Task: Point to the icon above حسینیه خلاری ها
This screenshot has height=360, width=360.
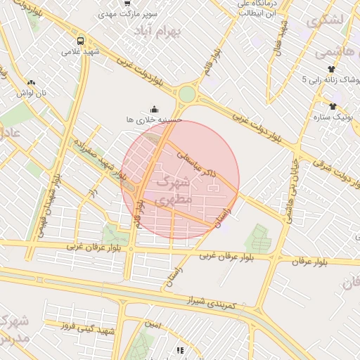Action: pyautogui.click(x=155, y=108)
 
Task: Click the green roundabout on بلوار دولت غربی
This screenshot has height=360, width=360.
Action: pyautogui.click(x=186, y=94)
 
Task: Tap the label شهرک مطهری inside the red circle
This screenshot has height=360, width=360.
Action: pyautogui.click(x=173, y=191)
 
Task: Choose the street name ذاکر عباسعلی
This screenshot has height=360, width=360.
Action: pyautogui.click(x=198, y=162)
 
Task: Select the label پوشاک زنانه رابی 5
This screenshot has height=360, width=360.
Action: pyautogui.click(x=331, y=79)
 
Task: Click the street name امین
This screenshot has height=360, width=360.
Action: pyautogui.click(x=155, y=325)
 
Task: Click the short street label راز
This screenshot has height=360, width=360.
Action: pyautogui.click(x=92, y=193)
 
